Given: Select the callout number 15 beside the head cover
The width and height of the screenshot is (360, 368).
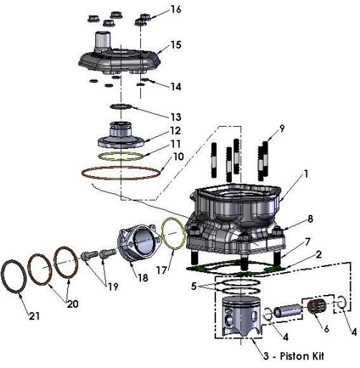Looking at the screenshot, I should coord(176,45).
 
